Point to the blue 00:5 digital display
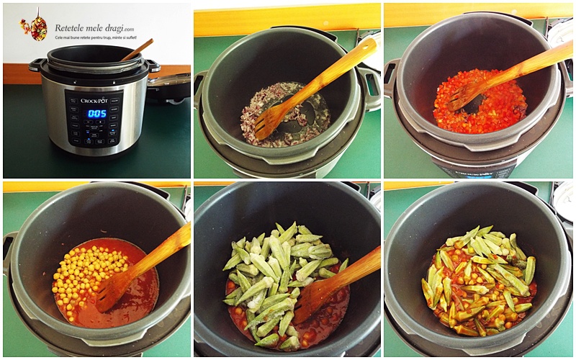tap(96, 113)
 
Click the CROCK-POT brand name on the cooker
tap(94, 101)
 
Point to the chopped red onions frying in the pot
tap(288, 108)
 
